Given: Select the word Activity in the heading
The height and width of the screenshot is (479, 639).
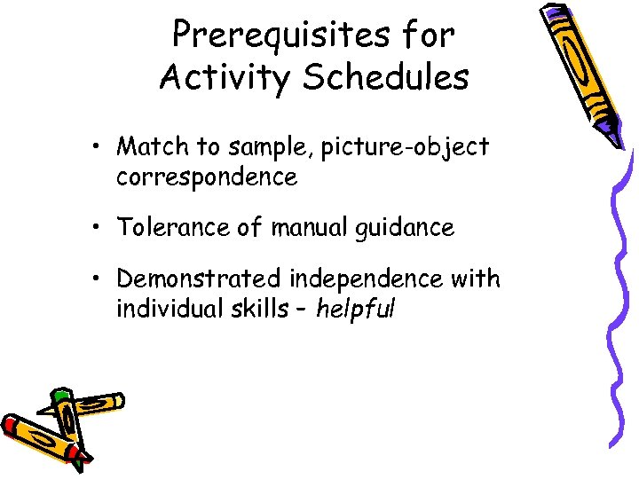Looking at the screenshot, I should pos(224,78).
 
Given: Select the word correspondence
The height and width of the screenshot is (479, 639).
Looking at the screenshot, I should pos(206,177).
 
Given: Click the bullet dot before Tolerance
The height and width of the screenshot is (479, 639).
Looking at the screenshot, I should pos(103,229).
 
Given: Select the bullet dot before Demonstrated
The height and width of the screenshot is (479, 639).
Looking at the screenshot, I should pos(103,279).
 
